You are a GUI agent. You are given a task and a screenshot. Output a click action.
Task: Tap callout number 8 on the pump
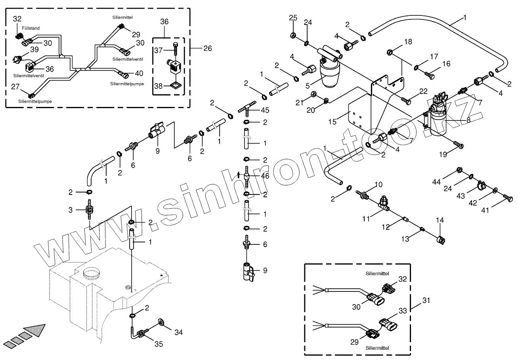click(468, 120)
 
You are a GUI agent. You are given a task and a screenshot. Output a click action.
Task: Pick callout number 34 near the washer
click(179, 332)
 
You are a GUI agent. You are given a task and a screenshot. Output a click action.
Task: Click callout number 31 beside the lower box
click(426, 301)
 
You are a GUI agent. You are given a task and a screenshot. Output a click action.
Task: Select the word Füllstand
click(31, 29)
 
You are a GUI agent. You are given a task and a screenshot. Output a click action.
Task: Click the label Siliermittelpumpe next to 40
click(127, 84)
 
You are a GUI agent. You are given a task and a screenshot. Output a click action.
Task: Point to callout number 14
click(440, 220)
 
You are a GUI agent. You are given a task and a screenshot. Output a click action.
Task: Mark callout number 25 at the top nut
click(293, 18)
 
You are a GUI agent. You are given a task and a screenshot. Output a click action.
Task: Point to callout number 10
click(378, 184)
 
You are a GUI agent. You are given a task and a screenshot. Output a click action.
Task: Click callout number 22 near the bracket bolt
click(424, 91)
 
